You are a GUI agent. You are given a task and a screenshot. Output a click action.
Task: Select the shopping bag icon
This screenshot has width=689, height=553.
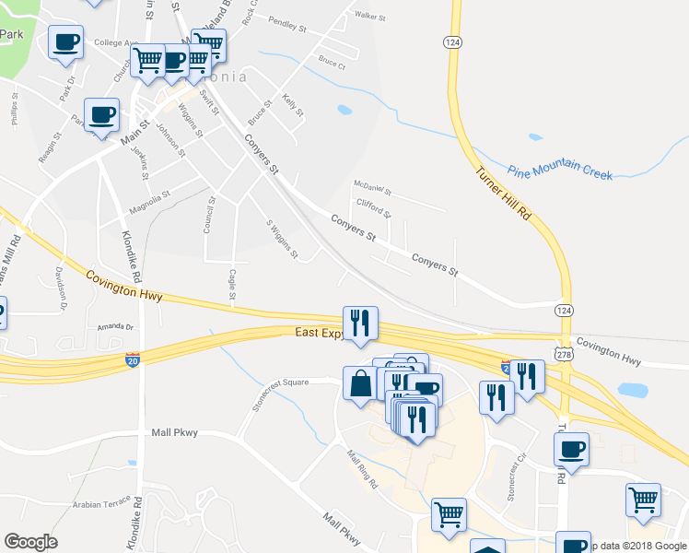click(358, 383)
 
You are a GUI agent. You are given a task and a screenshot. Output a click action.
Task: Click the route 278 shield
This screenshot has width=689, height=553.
click(564, 354)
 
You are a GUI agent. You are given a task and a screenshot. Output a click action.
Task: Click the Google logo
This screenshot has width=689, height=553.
click(31, 542)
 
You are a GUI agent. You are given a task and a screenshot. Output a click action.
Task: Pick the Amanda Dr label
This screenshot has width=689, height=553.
click(115, 327)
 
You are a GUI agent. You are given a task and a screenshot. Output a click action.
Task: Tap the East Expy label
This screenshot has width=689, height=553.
click(318, 333)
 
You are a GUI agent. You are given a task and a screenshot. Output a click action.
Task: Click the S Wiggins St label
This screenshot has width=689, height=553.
click(282, 239)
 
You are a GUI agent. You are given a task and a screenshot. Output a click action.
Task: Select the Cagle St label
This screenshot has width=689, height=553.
click(232, 278)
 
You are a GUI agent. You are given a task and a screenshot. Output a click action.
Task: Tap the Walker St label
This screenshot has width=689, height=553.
click(368, 16)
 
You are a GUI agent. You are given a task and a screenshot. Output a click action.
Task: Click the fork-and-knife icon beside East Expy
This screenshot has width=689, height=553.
click(360, 322)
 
